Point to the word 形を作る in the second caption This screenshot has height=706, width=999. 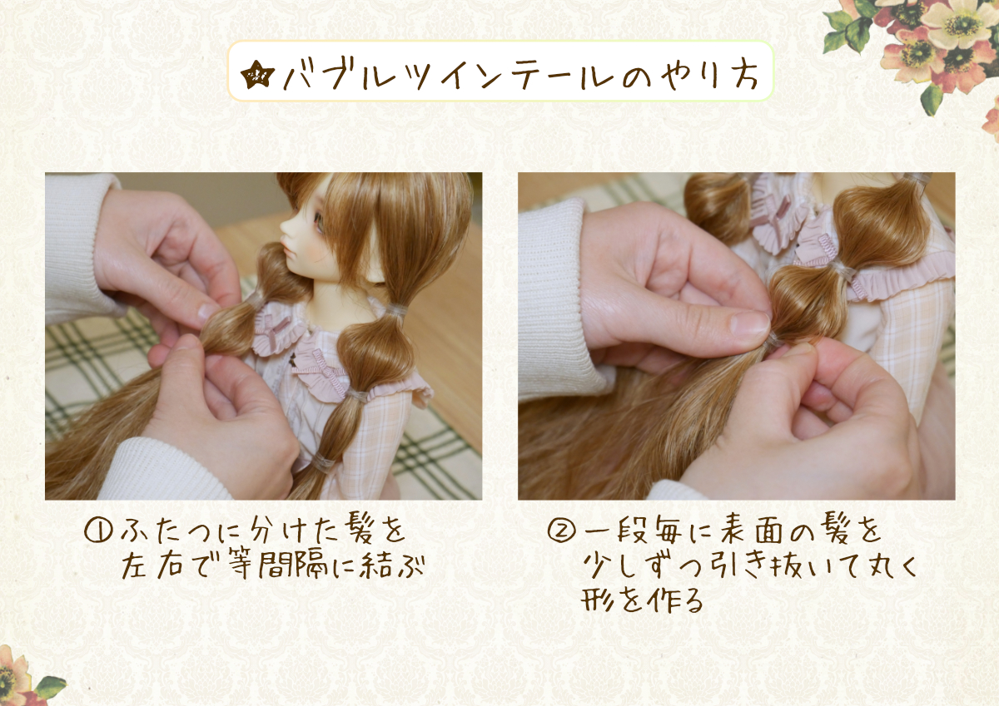pyautogui.click(x=642, y=600)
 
